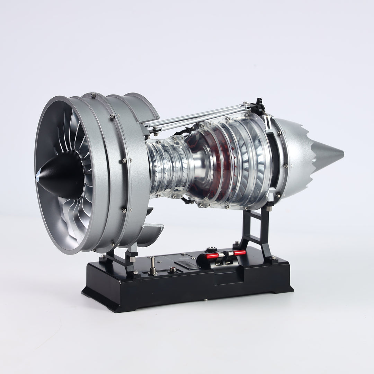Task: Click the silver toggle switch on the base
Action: tap(152, 265)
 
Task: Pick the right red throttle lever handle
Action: tap(239, 252)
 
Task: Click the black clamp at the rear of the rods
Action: tap(258, 106)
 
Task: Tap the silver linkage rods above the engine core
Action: tap(197, 116)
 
